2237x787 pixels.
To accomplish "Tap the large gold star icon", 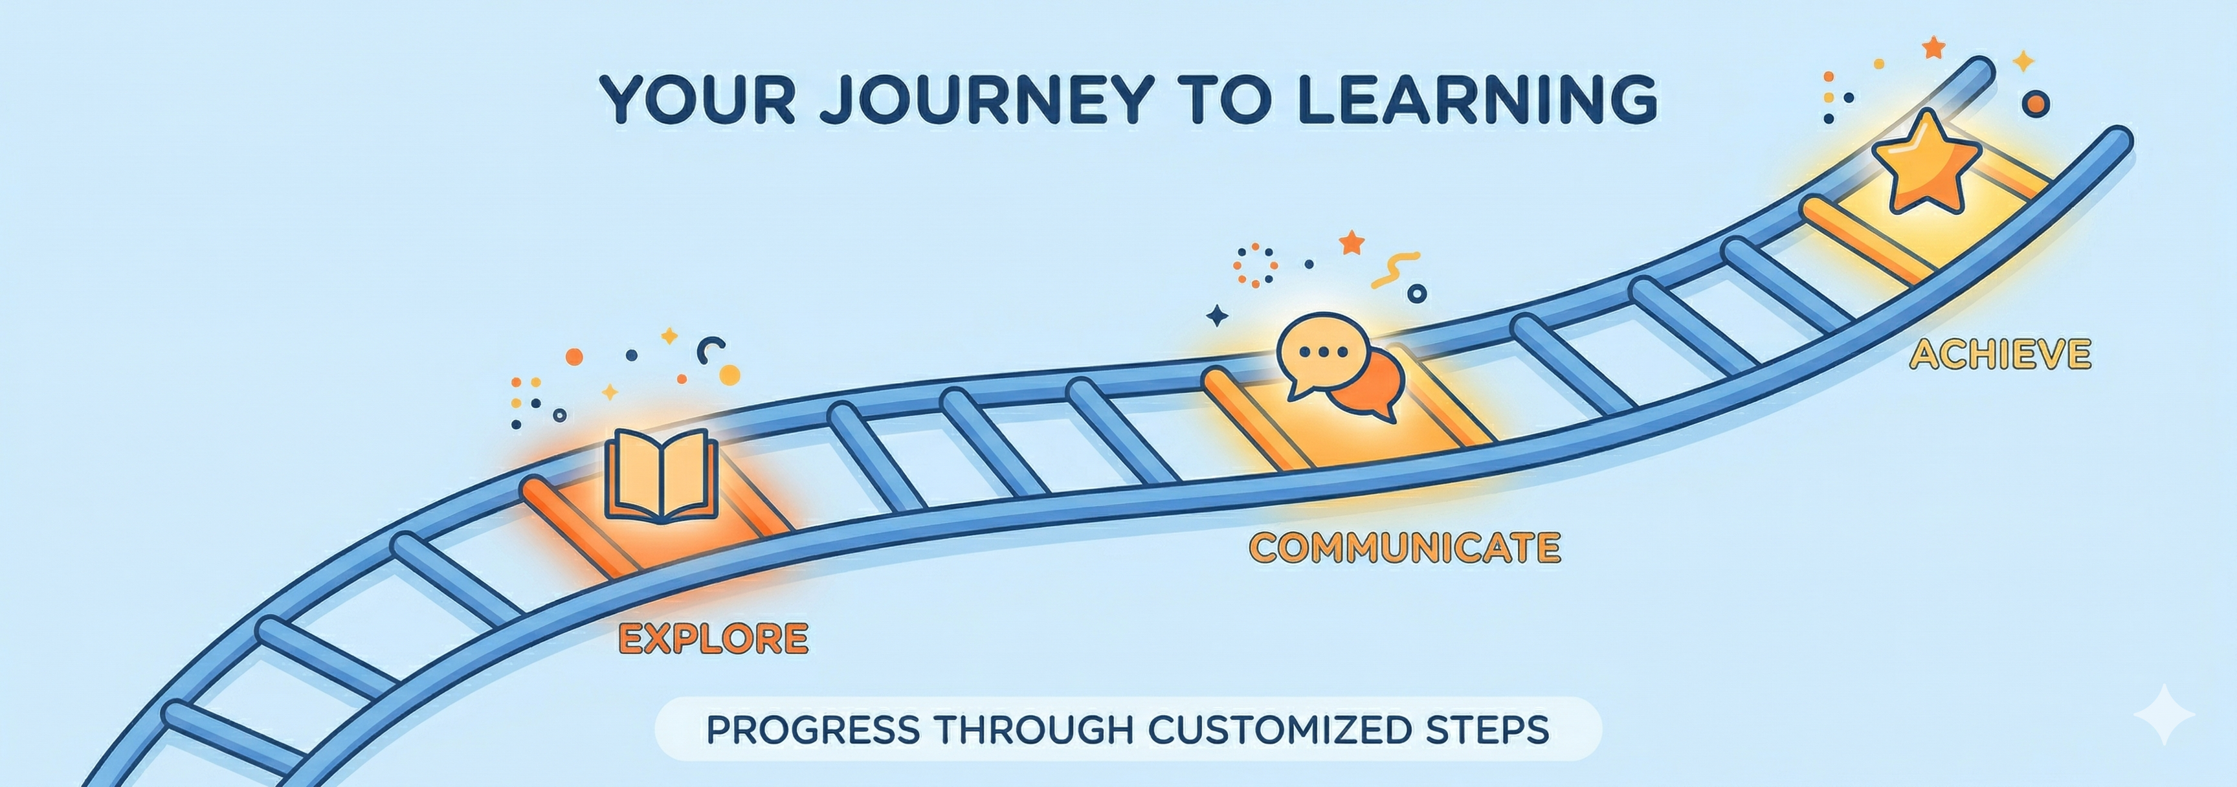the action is [x=1926, y=162].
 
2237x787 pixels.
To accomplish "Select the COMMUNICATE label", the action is [x=1404, y=548].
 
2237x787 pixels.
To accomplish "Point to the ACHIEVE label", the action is [x=2000, y=355].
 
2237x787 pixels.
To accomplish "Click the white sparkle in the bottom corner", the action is [x=2163, y=714].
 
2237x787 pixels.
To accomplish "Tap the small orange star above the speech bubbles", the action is [x=1352, y=242].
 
